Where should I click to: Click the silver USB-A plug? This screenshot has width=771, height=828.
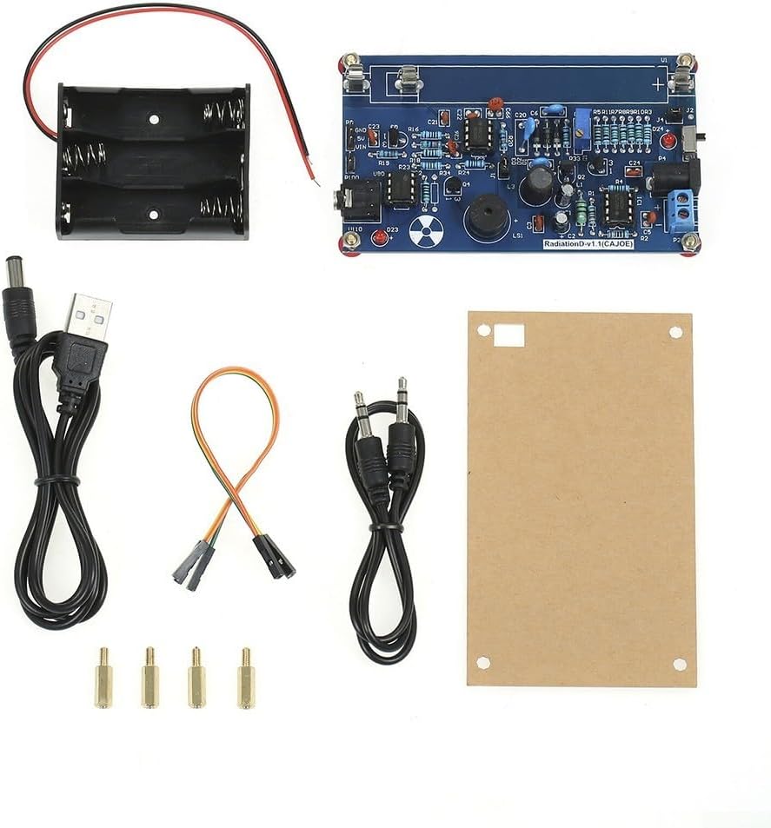[x=89, y=316]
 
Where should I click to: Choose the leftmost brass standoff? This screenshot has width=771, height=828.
[x=103, y=678]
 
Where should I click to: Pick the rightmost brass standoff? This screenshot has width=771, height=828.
[x=246, y=679]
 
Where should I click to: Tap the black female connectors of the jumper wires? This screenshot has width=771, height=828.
[x=235, y=560]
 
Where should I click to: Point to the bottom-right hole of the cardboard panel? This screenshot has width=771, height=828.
[x=679, y=664]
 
